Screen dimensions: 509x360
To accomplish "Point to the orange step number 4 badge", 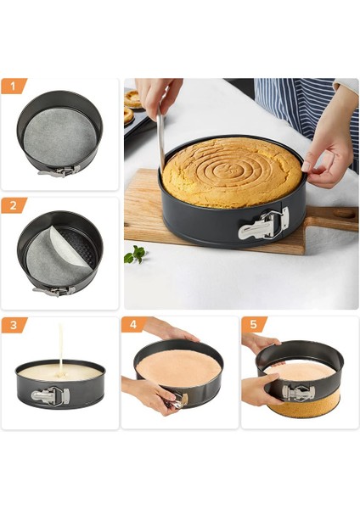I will pos(133,325).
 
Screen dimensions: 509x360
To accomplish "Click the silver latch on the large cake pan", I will pos(264,226).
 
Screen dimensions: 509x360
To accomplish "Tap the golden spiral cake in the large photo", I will pos(232,172).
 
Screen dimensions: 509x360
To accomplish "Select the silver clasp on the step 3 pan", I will pos(51,395).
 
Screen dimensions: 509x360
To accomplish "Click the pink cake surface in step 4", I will pos(178,365).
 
